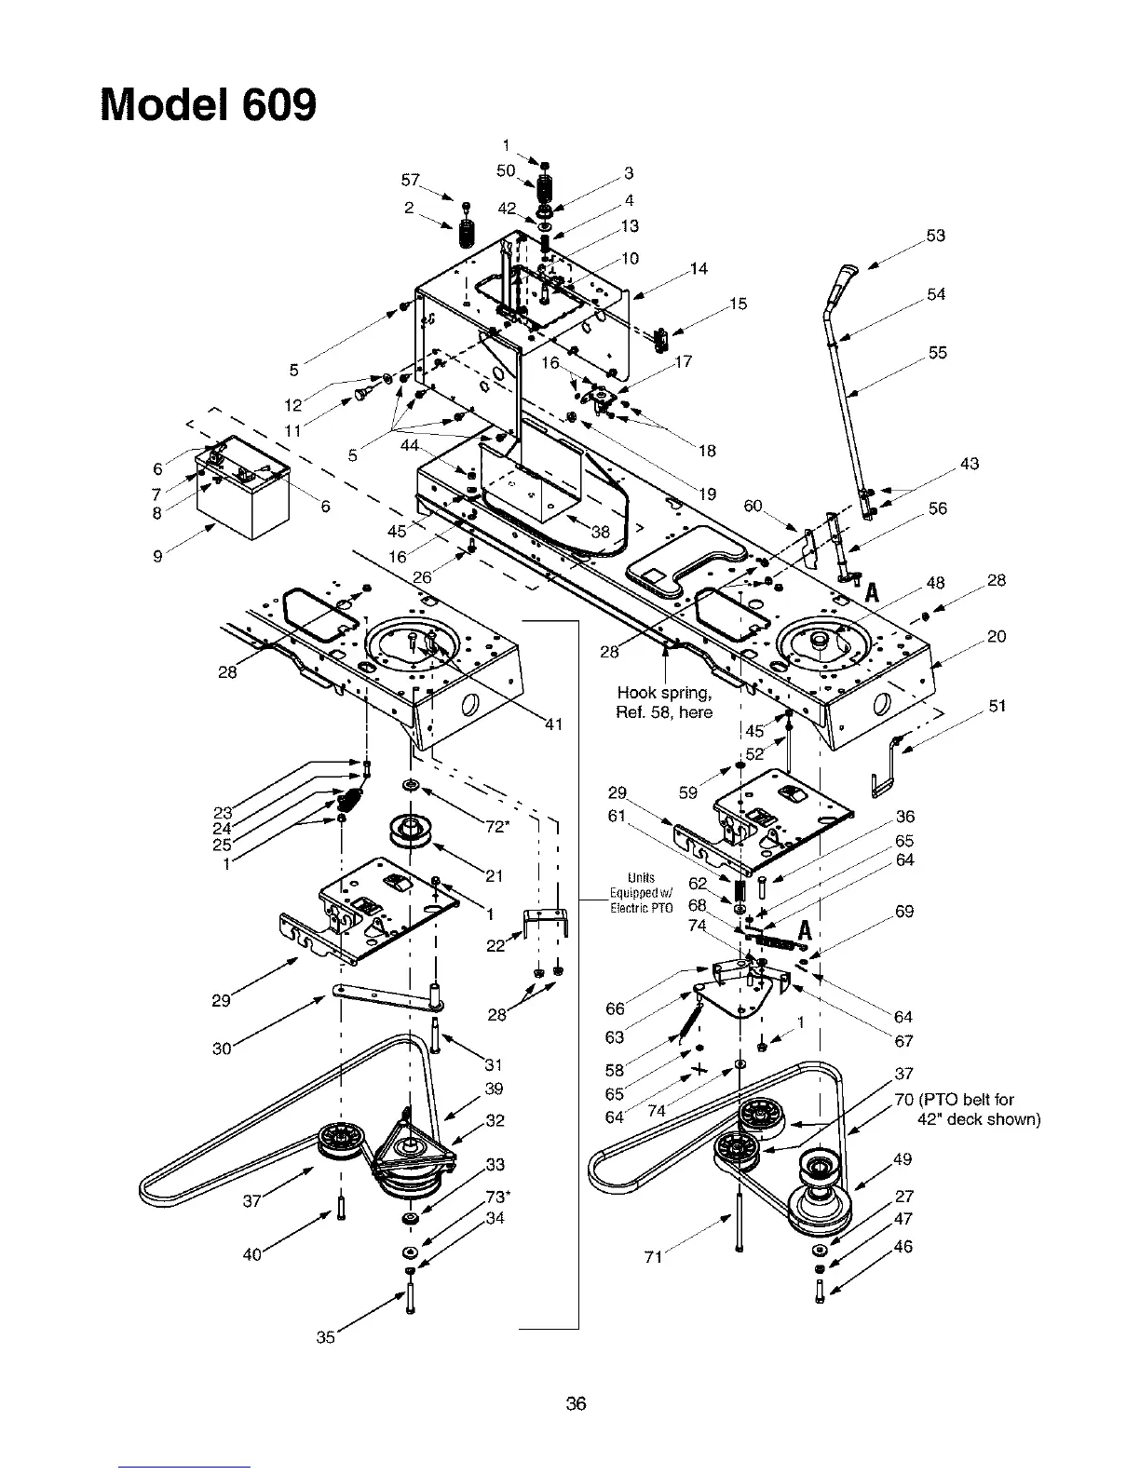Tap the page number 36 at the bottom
(x=576, y=1403)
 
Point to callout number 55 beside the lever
(x=937, y=353)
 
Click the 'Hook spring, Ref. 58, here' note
(x=664, y=702)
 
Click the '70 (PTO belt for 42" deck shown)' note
(x=966, y=1109)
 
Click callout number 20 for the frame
(x=997, y=637)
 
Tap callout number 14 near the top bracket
(x=699, y=269)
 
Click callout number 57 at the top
(x=407, y=179)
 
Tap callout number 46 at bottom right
(x=902, y=1246)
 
